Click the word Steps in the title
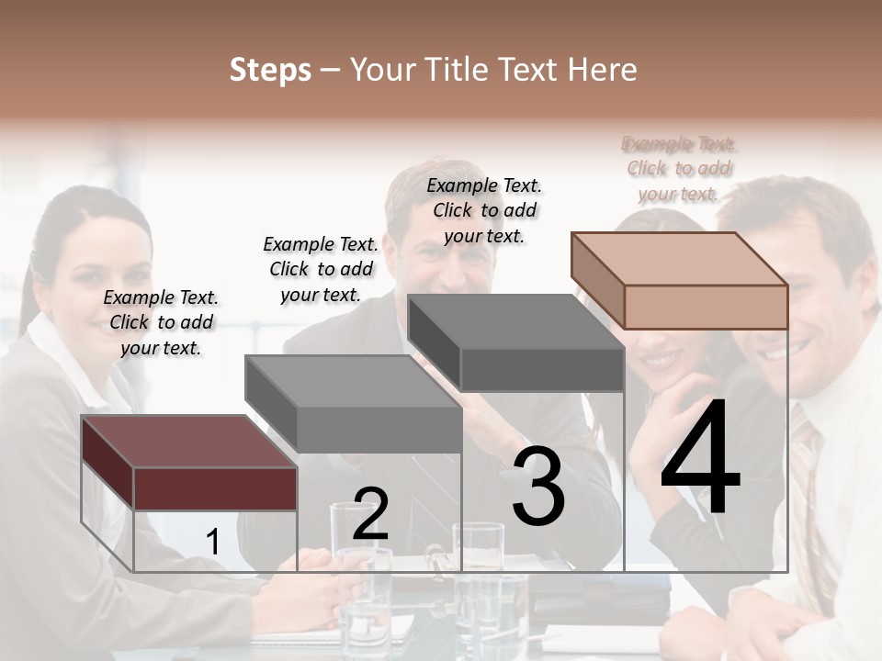(270, 70)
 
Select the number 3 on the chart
(538, 487)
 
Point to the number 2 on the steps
(370, 514)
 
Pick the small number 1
(212, 543)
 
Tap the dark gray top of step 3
(515, 321)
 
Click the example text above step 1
(161, 322)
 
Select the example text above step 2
(321, 269)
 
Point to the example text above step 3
(484, 210)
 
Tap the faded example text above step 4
(679, 169)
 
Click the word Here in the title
(604, 70)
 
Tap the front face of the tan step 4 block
(706, 307)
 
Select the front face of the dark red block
(215, 487)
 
